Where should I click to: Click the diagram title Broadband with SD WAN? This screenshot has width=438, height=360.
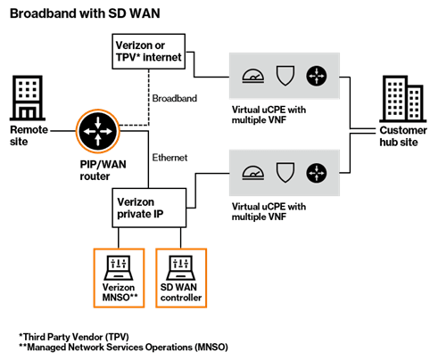85,13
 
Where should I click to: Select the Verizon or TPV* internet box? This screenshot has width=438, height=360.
149,52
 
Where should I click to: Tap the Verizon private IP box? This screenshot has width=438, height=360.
149,208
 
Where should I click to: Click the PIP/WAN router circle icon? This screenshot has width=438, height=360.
98,131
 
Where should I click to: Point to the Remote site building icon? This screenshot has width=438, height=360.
28,98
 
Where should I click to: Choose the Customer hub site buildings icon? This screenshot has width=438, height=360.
402,99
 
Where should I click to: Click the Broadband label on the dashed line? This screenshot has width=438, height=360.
175,98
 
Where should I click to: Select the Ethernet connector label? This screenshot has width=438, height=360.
169,158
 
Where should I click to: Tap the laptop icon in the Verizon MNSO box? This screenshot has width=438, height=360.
119,267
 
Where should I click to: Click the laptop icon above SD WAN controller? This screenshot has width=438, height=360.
181,267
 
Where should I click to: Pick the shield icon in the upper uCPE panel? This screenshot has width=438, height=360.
285,76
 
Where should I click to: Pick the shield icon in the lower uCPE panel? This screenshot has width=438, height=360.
285,173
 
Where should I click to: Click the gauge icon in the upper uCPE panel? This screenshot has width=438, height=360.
252,76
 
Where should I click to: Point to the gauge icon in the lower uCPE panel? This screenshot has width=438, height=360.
252,173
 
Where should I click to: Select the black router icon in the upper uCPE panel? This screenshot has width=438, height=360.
317,76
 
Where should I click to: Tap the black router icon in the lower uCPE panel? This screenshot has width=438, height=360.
317,173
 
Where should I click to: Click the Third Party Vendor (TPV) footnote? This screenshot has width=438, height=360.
74,337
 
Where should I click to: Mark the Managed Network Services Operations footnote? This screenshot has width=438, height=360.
123,347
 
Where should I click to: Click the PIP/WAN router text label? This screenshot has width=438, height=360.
103,170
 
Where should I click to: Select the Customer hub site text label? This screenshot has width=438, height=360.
403,136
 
